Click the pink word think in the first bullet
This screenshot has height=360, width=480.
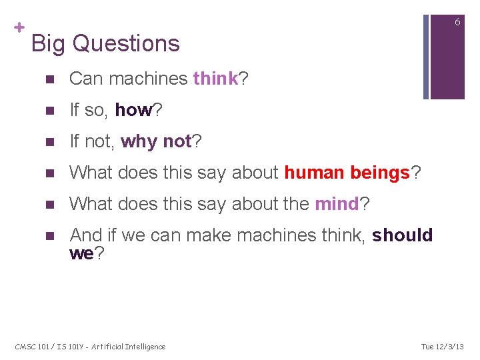(x=215, y=79)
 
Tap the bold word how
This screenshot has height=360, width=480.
(x=134, y=110)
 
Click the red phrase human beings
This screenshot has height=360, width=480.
(x=347, y=173)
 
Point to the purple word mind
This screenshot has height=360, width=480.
(x=337, y=204)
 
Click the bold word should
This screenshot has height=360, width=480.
(x=403, y=235)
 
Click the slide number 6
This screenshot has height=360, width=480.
(x=457, y=22)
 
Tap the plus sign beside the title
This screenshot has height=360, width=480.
(x=19, y=27)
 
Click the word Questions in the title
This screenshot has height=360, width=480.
(x=126, y=43)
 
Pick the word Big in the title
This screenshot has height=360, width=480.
(x=49, y=43)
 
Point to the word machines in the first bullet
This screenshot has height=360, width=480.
(x=148, y=79)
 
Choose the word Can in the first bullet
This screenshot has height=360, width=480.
(x=87, y=79)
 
